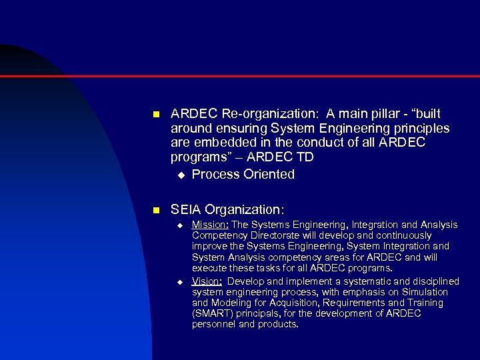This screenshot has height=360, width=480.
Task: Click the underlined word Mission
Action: (x=209, y=225)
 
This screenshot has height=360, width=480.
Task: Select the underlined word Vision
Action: (x=207, y=281)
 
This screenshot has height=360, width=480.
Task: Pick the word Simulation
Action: (x=425, y=292)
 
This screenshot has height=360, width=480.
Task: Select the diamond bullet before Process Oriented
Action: (x=179, y=175)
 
